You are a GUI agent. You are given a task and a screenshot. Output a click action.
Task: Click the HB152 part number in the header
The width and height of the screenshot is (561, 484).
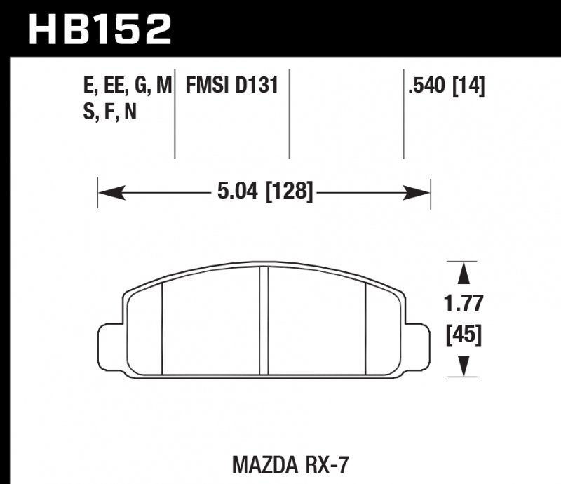(x=97, y=29)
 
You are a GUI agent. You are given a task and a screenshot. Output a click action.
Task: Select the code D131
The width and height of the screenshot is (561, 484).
(x=257, y=86)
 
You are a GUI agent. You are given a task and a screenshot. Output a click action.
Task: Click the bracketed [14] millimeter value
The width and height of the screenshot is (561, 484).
(x=469, y=86)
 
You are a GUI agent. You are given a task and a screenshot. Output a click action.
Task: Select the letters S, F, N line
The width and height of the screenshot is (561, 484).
(x=109, y=112)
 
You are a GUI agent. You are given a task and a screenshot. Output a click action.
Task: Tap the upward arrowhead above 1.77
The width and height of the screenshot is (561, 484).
(x=463, y=272)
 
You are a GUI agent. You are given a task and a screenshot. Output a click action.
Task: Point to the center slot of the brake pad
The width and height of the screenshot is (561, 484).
(x=264, y=323)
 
